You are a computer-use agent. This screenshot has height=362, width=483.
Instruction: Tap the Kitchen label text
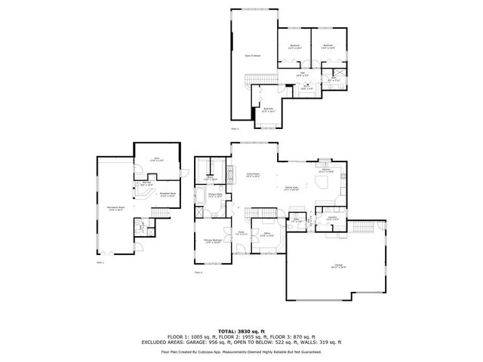click(x=326, y=171)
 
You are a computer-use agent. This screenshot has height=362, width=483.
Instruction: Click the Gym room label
click(x=156, y=159)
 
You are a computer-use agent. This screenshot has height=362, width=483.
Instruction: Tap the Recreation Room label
click(x=116, y=209)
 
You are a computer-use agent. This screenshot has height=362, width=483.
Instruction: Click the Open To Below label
click(x=252, y=56)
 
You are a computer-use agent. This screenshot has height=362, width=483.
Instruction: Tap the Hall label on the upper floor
click(x=302, y=73)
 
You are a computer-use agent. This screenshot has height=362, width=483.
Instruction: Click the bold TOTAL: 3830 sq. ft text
click(x=241, y=331)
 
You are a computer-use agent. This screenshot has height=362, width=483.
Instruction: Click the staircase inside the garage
click(x=362, y=227)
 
